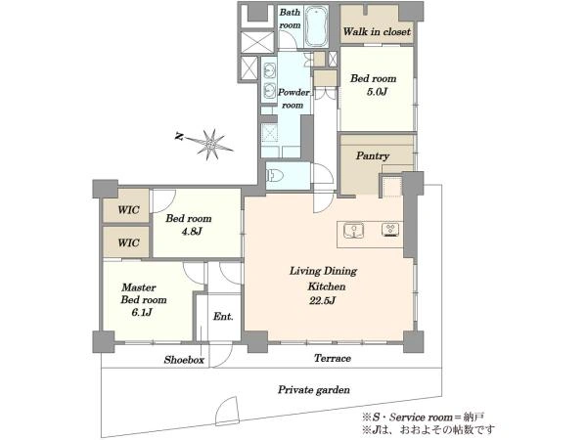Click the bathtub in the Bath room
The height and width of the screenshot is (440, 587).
point(316,26)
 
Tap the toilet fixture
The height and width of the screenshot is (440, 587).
point(274,175)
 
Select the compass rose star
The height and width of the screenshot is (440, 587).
point(210,144)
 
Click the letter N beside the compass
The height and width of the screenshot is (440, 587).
point(179,137)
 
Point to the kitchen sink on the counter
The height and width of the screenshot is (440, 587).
point(354,231)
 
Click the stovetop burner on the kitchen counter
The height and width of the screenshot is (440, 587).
point(390,230)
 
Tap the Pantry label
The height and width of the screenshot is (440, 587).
point(373,155)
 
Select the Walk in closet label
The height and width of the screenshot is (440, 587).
point(377,32)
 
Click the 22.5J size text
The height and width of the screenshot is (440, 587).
point(322,300)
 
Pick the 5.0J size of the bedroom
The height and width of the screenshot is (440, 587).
point(377,92)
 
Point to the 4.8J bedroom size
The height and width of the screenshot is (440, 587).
point(192,232)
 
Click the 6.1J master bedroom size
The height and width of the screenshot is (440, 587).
point(142,313)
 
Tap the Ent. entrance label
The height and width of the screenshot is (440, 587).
point(223,317)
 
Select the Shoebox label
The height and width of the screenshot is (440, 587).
point(184,360)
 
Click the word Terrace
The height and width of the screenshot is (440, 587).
point(333,359)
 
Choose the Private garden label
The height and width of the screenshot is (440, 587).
point(314,390)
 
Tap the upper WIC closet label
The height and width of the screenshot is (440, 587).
point(128,210)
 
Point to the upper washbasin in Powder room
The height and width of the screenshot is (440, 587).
point(269,69)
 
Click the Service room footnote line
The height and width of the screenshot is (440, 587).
point(423,417)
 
